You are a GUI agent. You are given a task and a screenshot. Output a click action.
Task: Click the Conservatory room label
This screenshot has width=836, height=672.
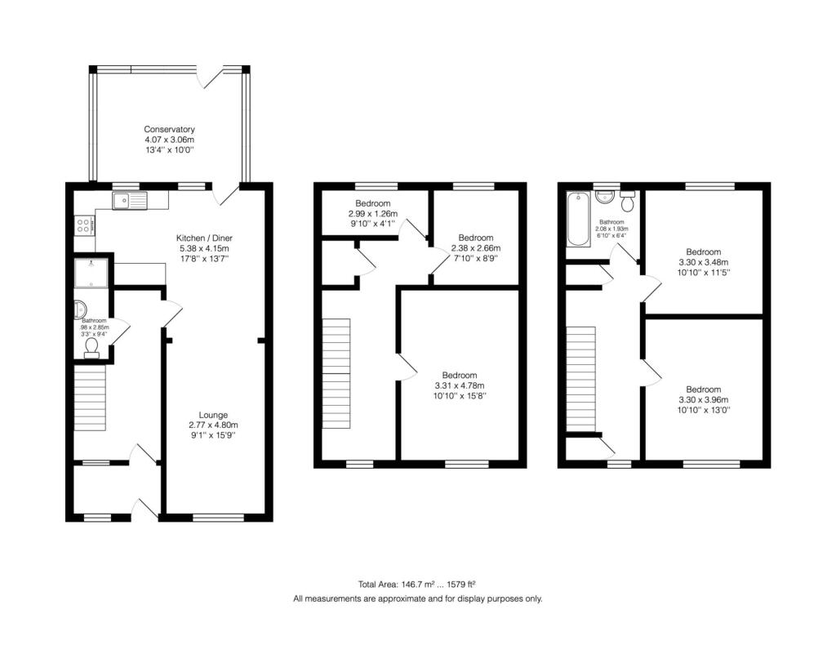169,129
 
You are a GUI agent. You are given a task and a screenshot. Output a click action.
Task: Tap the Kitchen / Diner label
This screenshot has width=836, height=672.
204,238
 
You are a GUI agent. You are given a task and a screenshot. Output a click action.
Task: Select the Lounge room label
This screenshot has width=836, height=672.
213,415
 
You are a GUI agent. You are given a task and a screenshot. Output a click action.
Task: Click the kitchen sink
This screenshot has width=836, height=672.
130,201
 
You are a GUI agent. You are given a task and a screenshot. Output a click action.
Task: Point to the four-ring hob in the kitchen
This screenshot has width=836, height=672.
84,225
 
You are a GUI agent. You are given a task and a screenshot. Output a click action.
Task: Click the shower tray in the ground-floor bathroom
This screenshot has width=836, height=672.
91,274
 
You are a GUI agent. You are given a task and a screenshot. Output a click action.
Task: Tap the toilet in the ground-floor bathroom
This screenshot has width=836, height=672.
91,348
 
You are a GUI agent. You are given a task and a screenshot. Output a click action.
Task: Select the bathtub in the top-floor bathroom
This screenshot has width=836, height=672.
579,219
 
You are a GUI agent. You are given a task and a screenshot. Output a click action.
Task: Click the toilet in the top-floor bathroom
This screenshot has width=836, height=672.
628,201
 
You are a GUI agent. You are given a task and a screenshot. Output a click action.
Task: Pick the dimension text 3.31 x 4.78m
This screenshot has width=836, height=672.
460,385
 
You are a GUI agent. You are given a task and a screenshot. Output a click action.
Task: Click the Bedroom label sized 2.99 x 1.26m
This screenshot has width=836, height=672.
372,203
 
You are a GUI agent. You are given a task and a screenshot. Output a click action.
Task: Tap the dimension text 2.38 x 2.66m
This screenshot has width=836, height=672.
476,248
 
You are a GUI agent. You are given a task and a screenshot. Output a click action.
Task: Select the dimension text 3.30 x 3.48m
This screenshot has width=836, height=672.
703,262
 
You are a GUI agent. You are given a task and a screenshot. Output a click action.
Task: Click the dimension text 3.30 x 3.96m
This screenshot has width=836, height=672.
703,399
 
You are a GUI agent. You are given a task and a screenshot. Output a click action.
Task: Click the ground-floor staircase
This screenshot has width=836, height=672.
90,398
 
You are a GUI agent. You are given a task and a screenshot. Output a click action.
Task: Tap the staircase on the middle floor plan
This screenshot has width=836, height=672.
336,373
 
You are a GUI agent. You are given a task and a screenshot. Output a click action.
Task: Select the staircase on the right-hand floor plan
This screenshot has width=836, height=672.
580,378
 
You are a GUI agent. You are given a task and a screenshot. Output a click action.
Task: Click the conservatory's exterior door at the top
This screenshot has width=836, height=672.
210,77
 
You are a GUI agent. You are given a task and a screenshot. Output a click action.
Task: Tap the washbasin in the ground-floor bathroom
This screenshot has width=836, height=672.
80,309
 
